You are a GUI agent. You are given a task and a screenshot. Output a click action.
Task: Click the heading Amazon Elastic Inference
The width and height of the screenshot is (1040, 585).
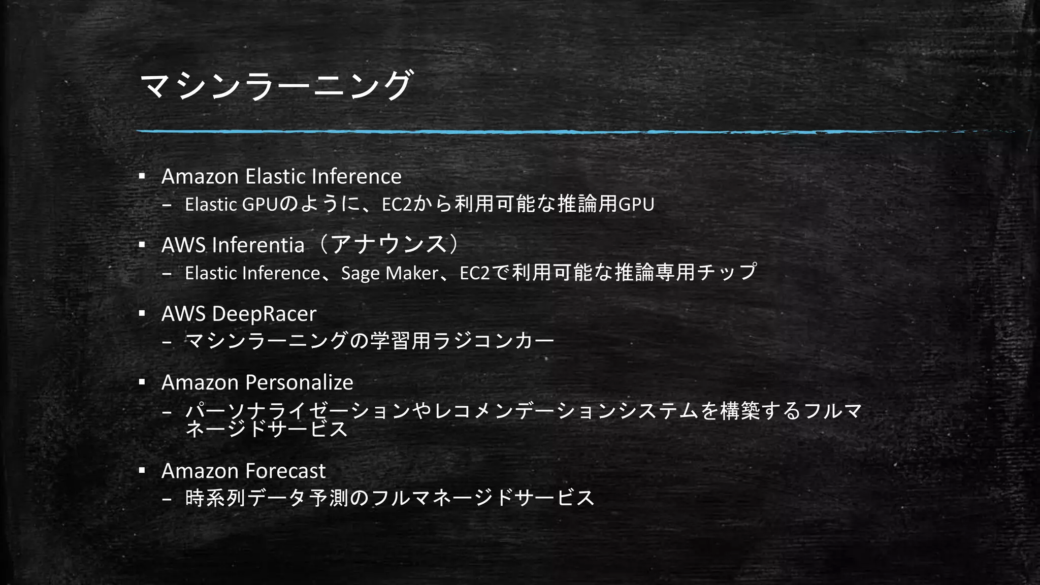pos(281,177)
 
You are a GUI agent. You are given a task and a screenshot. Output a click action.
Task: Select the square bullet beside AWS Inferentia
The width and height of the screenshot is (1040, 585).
pos(142,245)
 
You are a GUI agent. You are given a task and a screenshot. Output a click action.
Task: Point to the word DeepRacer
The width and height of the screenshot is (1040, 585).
pos(264,314)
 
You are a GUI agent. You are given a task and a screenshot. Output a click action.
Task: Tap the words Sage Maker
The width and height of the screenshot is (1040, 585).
pos(389,273)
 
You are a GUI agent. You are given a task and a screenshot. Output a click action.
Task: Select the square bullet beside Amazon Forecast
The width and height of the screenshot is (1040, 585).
pos(142,471)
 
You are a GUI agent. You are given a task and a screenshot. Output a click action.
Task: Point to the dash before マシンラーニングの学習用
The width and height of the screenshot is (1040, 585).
pos(167,341)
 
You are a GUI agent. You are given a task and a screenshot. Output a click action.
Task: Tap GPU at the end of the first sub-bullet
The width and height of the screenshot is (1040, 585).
pos(636,204)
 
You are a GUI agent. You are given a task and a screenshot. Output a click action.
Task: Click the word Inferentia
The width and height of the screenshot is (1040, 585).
pos(258,245)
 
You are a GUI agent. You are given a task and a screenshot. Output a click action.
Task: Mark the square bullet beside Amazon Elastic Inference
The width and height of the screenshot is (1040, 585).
pos(142,176)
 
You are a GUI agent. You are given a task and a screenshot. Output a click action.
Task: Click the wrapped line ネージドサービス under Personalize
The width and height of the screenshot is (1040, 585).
pos(267,430)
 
